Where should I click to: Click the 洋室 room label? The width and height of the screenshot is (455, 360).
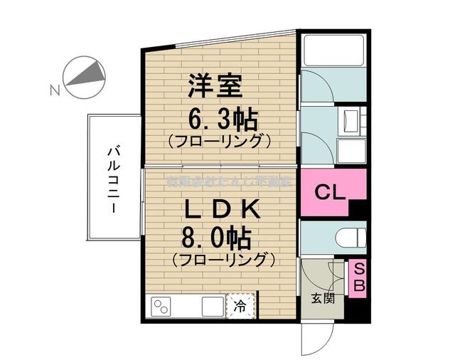(x=215, y=88)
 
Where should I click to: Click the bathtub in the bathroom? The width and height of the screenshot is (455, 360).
(x=333, y=50)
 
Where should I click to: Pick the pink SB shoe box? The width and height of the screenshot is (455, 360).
(x=359, y=278)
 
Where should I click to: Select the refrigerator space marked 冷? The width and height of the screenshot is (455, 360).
(x=241, y=307)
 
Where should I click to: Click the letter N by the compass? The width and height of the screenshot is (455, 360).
(x=54, y=90)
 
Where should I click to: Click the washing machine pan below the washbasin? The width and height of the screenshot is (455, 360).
(x=350, y=152)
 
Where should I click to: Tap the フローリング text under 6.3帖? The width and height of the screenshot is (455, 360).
(x=221, y=140)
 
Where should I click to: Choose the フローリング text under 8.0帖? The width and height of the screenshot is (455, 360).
(x=223, y=260)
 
